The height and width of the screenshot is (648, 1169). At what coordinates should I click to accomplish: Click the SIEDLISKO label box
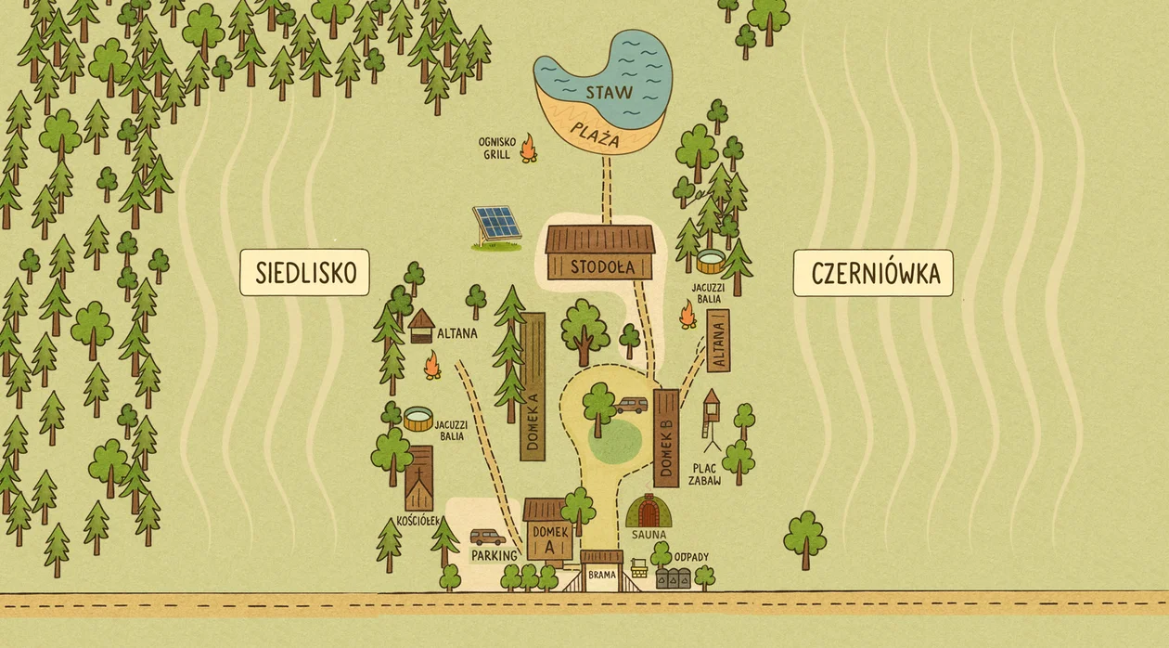point(304,272)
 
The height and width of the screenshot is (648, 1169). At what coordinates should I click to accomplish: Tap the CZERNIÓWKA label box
point(874,273)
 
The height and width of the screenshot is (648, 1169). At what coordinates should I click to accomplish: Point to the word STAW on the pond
point(609,92)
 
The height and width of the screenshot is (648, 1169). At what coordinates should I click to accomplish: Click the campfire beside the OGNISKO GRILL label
point(528,149)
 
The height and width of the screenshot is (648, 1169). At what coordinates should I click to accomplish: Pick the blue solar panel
point(497,224)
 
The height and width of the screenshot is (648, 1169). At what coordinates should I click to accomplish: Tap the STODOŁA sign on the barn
point(601,266)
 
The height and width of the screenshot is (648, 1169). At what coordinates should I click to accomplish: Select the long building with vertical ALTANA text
point(718,341)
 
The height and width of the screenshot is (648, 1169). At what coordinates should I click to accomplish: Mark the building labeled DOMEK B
point(666,437)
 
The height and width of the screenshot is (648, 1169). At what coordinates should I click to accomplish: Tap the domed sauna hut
point(649,512)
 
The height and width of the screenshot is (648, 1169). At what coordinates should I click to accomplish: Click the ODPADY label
point(691,557)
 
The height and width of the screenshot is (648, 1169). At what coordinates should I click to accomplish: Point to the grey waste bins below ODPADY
point(674,577)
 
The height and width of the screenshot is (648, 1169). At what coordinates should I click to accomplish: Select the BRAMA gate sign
point(602,575)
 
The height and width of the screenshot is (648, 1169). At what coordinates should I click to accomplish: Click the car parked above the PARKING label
point(487,538)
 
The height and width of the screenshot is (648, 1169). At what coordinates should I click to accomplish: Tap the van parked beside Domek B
point(632,406)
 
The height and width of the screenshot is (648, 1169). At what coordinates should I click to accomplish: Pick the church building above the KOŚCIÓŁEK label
point(419,477)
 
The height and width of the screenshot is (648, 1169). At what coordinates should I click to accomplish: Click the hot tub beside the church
point(418,419)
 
